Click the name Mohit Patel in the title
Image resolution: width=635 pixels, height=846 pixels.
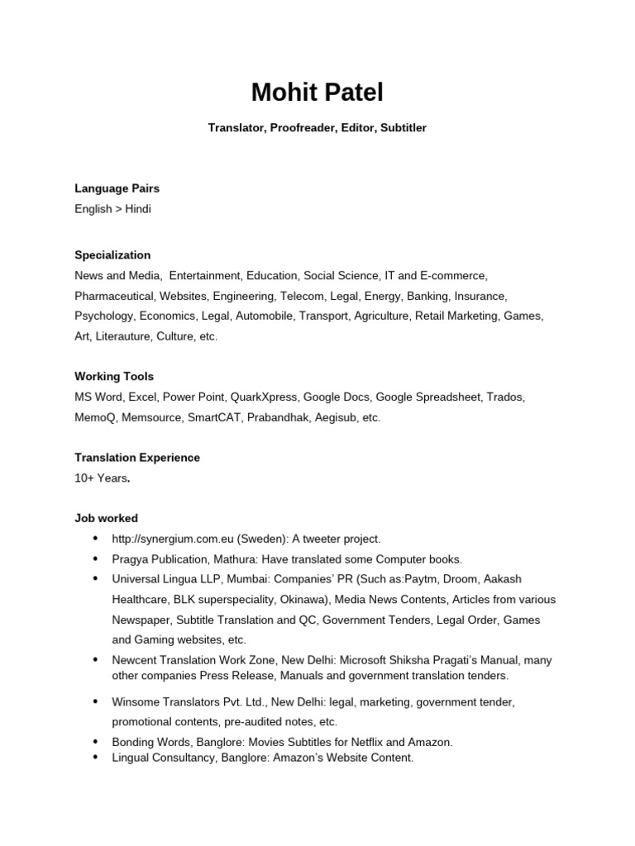tap(317, 93)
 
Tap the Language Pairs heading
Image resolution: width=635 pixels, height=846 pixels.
tap(117, 188)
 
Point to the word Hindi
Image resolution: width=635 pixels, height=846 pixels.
tap(138, 209)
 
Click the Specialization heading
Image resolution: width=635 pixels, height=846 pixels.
tap(112, 255)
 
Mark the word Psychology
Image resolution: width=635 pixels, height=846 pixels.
tap(103, 316)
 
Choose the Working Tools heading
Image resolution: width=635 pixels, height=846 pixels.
tap(114, 377)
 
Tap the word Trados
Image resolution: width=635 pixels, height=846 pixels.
tap(505, 397)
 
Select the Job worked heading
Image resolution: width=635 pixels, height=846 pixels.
tap(106, 518)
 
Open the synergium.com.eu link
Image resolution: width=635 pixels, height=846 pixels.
tap(173, 539)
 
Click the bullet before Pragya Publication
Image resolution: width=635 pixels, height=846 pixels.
tap(95, 558)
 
